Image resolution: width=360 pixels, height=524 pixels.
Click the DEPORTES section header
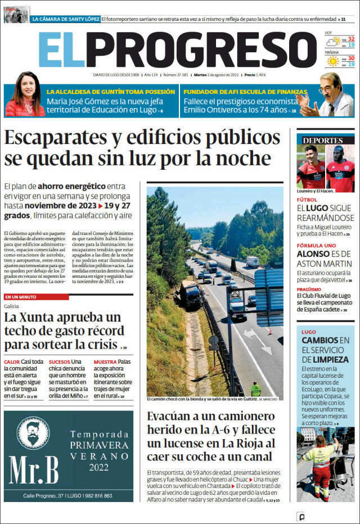click(322, 140)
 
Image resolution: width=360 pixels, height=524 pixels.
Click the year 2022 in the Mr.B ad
click(98, 467)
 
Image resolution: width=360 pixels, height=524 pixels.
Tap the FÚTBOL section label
click(307, 200)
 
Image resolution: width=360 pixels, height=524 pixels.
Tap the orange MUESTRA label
click(105, 362)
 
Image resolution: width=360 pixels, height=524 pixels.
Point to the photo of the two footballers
click(326, 168)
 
